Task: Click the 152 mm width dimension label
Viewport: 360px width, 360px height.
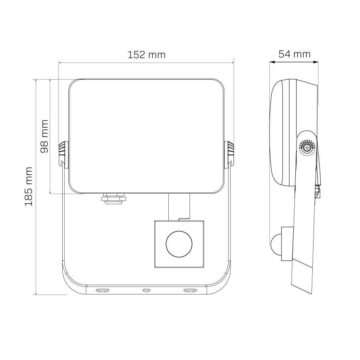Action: (x=146, y=55)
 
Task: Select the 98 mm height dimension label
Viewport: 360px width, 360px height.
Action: (x=44, y=136)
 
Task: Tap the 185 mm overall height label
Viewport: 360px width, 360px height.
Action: (x=29, y=187)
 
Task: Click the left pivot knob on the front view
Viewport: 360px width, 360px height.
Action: (x=63, y=154)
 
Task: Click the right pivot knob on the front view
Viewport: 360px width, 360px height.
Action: (x=229, y=154)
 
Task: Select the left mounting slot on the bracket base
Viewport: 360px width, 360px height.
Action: (x=102, y=290)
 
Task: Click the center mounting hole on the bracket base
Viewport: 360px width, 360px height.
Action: (x=146, y=290)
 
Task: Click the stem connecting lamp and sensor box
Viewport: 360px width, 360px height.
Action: (x=179, y=206)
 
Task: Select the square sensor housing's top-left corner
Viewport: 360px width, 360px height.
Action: (x=155, y=221)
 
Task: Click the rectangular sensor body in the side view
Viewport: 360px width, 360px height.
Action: (x=287, y=244)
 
